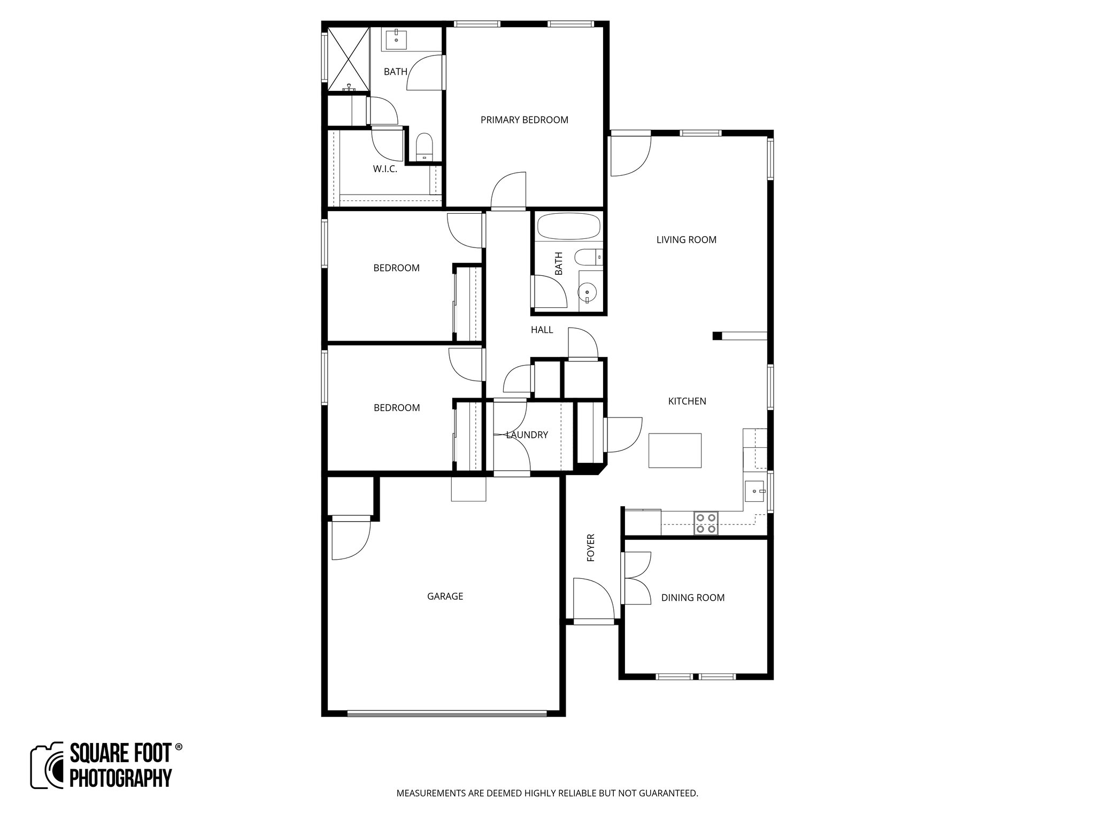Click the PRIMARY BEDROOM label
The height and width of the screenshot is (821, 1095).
524,120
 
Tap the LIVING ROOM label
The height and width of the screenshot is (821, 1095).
686,240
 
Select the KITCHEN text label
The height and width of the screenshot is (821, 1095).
687,401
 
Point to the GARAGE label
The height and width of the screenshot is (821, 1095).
445,596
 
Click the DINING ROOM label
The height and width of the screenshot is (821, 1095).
692,598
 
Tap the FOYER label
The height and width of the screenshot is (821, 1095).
591,547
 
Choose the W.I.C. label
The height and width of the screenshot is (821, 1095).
385,169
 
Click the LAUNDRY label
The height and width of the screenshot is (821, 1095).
527,435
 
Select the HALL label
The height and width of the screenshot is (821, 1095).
542,330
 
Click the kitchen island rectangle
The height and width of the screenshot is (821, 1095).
675,450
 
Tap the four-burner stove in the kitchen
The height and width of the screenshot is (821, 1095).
706,523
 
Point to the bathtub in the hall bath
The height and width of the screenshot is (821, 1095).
569,227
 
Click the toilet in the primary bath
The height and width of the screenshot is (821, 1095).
425,146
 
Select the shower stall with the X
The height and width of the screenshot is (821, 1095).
348,59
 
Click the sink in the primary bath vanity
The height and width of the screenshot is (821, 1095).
396,38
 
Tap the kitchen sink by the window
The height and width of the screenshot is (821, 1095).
755,491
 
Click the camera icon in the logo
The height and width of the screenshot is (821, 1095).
48,765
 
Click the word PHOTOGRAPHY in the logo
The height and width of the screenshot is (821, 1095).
121,778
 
